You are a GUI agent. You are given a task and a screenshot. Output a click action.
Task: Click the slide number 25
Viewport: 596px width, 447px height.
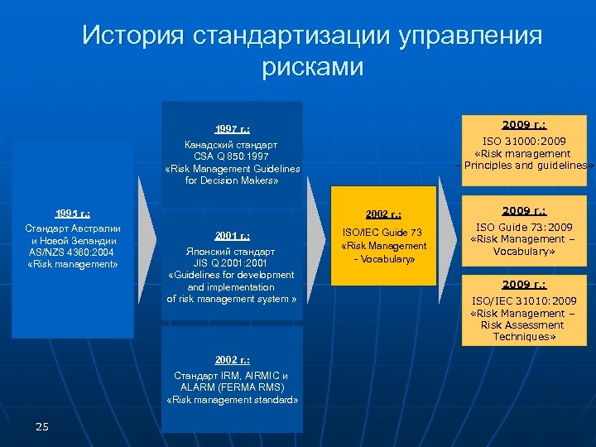tap(43, 426)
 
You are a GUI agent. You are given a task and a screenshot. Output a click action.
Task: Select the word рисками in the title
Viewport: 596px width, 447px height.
tap(312, 66)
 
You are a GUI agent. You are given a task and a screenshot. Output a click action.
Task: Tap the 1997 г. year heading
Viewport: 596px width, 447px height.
tap(232, 129)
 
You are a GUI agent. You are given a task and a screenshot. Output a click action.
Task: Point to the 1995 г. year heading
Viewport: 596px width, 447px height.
tap(73, 213)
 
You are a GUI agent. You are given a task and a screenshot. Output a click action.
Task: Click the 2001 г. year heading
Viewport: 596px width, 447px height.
tap(232, 236)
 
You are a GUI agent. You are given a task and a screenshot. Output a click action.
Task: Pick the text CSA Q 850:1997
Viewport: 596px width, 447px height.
tap(232, 156)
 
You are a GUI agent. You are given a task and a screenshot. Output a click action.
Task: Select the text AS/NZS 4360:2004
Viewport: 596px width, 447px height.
tap(73, 252)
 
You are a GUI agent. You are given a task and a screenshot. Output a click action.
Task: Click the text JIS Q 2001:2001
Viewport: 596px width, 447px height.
tap(232, 262)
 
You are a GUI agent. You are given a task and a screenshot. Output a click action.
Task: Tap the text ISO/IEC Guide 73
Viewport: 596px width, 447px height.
tap(383, 233)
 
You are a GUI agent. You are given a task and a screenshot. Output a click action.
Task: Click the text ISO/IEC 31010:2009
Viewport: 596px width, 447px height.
tap(523, 301)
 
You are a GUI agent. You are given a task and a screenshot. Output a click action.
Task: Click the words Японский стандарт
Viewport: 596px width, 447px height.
tap(232, 251)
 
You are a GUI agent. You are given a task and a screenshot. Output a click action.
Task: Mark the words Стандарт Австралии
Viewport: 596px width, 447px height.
tap(73, 228)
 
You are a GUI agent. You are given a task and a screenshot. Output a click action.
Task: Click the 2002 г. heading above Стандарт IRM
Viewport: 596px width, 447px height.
tap(232, 360)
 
